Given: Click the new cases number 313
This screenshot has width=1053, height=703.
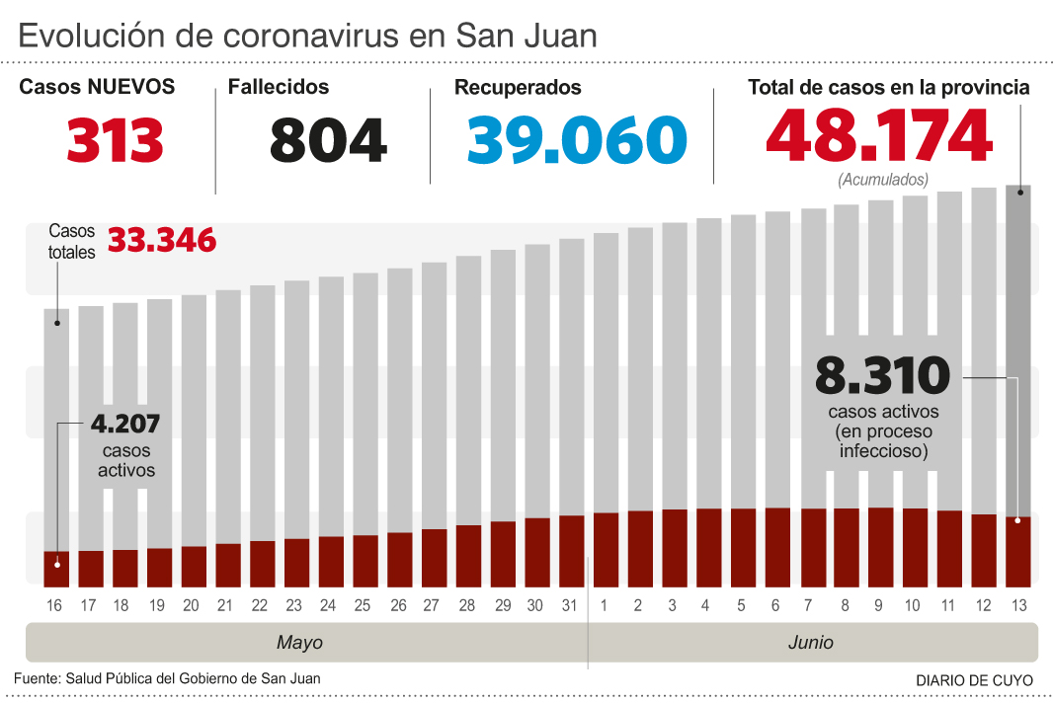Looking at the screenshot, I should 115,140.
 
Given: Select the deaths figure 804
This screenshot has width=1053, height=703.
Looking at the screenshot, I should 328,140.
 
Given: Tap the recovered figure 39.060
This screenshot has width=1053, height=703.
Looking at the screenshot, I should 576,140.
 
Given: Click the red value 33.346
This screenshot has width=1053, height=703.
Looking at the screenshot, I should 161,240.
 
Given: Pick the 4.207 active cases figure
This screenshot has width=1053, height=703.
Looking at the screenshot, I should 125,425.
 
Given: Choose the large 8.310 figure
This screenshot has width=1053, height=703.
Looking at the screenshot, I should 882,376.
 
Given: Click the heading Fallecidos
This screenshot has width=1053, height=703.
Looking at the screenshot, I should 278,87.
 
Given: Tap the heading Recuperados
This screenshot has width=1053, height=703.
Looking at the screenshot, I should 518,87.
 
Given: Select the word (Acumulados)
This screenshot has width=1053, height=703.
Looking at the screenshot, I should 883,181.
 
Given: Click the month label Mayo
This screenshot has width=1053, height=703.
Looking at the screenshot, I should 299,643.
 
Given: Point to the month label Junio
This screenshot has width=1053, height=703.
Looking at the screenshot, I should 810,643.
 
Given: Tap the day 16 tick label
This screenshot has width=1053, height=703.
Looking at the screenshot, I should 55,604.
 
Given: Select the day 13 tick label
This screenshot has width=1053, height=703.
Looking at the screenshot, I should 1018,604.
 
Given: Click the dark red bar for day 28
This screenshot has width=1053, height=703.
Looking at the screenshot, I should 468,554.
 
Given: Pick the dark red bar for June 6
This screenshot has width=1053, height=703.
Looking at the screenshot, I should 777,545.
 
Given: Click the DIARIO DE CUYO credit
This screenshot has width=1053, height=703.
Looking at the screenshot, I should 974,680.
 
